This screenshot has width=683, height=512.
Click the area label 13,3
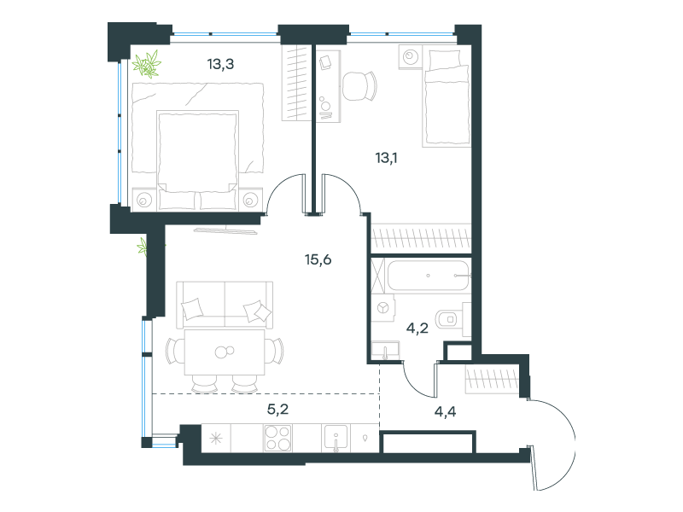tap(220, 65)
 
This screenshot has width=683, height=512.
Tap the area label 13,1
tap(387, 158)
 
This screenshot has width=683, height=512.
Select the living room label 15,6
tap(318, 260)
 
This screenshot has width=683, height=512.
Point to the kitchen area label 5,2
tap(278, 410)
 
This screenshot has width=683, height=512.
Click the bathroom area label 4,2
tap(417, 328)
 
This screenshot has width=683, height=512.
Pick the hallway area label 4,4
tap(445, 411)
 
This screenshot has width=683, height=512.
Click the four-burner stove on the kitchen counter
tap(278, 438)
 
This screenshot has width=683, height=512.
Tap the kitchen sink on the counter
tap(336, 439)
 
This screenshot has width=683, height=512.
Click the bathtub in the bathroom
tap(429, 276)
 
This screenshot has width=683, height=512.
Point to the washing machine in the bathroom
tap(382, 308)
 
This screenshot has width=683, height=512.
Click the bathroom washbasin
tap(386, 351)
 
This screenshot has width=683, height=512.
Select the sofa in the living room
tap(225, 305)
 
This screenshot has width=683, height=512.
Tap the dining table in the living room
tap(225, 352)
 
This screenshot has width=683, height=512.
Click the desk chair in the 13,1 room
tap(359, 86)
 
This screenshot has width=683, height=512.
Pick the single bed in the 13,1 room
tap(447, 98)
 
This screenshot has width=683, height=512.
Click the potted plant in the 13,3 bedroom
tap(147, 65)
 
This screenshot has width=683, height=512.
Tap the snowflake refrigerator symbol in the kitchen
tap(216, 438)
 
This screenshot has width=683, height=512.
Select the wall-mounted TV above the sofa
tap(225, 230)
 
